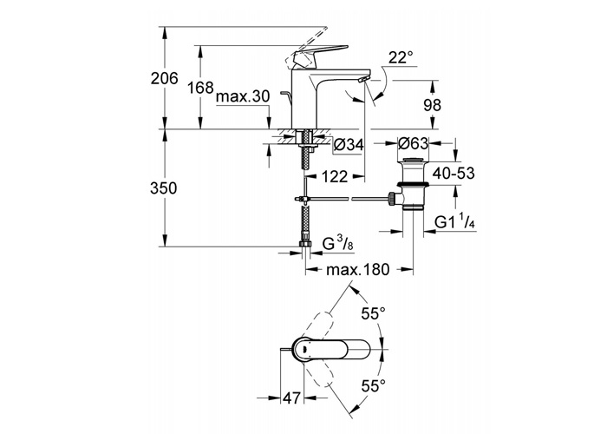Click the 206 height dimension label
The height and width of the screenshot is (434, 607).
164,79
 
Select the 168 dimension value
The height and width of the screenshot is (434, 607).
200,88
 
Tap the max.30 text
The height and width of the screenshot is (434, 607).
242,96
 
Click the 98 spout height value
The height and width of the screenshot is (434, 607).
432,105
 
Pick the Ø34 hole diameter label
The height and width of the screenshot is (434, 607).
349,145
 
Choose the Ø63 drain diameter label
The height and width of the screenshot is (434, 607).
413,143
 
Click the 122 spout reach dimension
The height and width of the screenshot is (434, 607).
335,177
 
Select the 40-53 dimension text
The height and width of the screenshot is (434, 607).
454,174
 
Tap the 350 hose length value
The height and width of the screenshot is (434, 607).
164,188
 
